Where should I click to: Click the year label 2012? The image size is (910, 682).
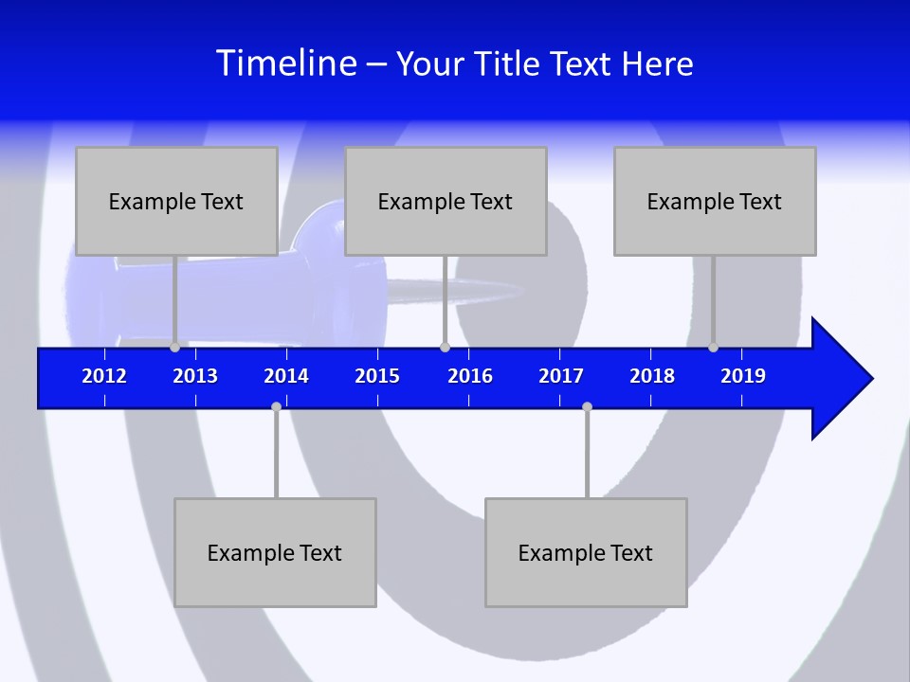104,376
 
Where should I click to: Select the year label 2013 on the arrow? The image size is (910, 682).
195,376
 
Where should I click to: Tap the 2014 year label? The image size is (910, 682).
286,376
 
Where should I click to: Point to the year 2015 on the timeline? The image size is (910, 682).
377,376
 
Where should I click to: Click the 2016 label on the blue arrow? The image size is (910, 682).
470,376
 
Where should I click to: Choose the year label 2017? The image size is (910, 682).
561,376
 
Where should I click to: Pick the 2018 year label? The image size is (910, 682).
652,376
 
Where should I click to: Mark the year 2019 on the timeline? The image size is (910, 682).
743,376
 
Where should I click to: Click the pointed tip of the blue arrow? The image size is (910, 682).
870,379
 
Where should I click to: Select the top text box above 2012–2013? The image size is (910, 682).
176,201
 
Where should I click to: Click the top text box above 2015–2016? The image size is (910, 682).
446,201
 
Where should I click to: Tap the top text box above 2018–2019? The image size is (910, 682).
715,201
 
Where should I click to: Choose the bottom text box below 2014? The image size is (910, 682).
275,552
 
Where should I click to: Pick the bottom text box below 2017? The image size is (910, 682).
586,552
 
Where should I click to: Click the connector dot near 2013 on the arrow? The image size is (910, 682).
174,347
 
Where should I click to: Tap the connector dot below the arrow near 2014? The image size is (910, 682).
276,406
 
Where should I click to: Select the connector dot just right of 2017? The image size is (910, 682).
587,406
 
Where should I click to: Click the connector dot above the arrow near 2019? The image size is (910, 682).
713,347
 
